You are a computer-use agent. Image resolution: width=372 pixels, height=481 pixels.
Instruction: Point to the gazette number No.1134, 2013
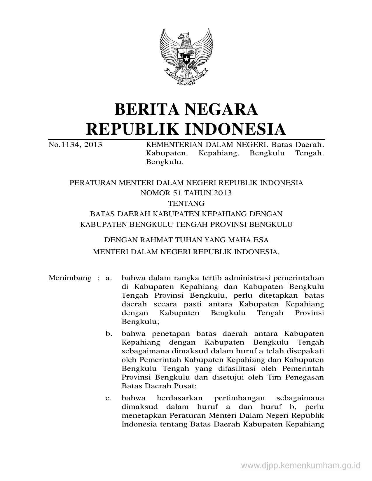tap(75, 144)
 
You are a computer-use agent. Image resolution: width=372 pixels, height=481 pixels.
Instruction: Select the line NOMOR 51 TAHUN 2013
tap(186, 193)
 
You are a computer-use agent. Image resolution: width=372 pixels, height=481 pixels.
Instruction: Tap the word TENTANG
tap(186, 203)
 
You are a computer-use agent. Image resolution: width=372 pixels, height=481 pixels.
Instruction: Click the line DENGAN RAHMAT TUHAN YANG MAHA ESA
tap(186, 240)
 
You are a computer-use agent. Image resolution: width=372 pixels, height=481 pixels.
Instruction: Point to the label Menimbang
tap(70, 278)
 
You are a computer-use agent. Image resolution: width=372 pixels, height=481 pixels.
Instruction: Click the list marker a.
tap(109, 278)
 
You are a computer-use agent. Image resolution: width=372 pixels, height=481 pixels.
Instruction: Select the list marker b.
tap(109, 333)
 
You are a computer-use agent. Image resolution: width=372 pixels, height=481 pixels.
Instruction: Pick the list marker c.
tap(109, 398)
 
